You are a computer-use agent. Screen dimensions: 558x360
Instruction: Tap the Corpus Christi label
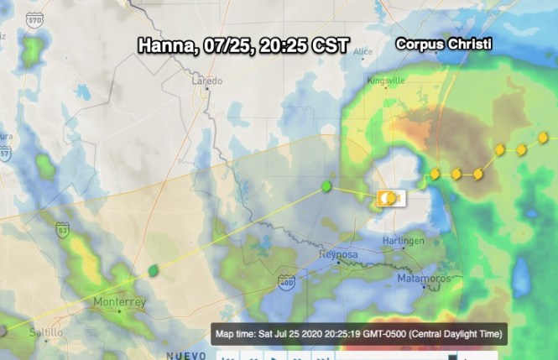point(444,44)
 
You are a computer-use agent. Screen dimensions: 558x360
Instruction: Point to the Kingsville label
point(385,81)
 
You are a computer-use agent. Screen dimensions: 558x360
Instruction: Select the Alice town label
point(362,51)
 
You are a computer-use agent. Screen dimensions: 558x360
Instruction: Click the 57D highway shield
point(34,19)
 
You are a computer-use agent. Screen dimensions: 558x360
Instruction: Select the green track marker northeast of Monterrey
point(153,270)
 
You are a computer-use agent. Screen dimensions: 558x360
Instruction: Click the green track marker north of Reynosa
point(326,185)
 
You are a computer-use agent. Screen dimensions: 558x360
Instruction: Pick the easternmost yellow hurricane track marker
point(543,137)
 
